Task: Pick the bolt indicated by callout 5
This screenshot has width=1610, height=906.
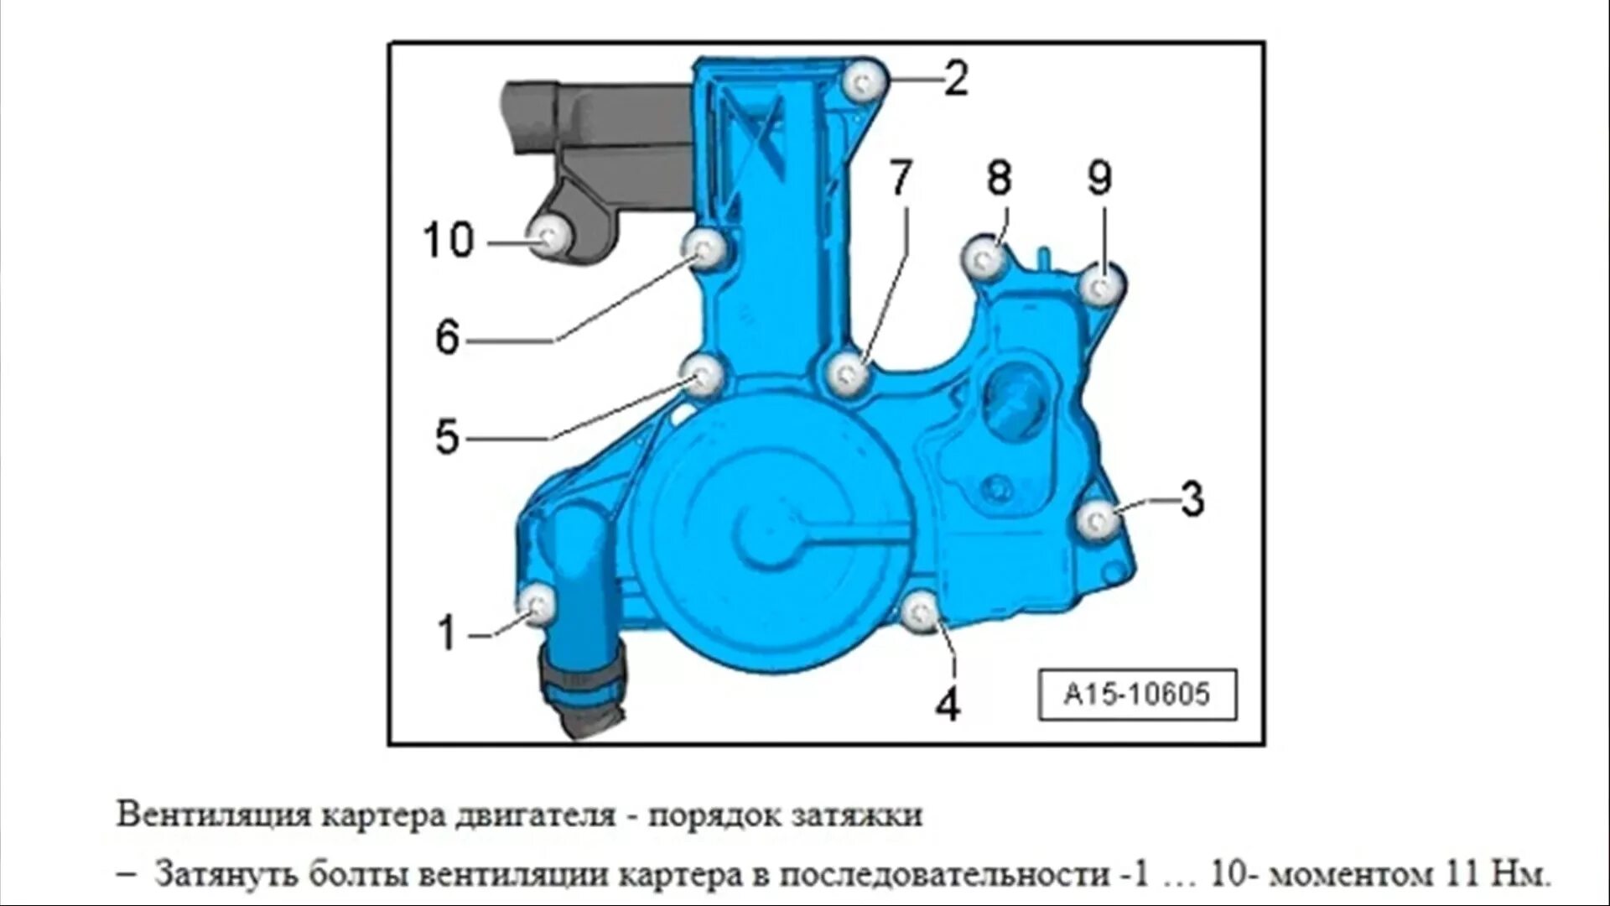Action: (703, 374)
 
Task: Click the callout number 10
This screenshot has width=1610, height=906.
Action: (449, 241)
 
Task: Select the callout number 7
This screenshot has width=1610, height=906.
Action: (900, 178)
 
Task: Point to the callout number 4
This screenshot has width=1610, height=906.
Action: (948, 706)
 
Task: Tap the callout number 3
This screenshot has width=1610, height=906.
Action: (1192, 498)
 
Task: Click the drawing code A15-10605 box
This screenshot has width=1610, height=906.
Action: (1137, 695)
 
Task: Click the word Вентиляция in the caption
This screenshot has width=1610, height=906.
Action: (213, 815)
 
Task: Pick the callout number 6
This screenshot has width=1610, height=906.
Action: (448, 338)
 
